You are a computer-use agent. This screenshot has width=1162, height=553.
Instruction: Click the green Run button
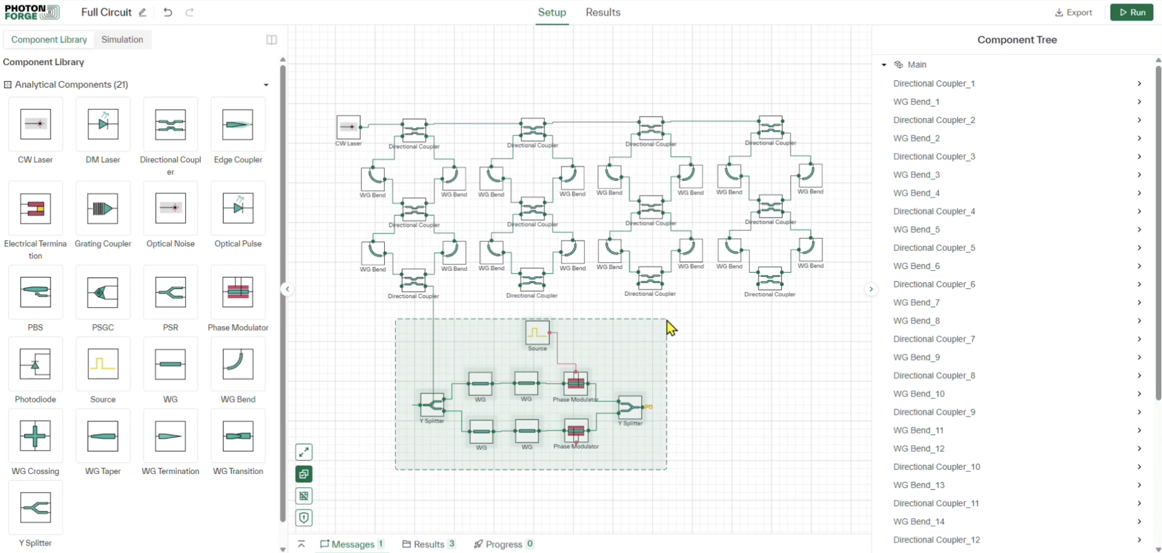(x=1131, y=13)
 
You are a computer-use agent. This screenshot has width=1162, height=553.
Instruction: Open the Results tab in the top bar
(x=603, y=13)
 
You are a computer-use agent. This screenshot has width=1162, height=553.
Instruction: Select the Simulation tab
(x=122, y=40)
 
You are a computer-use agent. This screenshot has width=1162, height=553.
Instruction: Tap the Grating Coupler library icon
(x=103, y=208)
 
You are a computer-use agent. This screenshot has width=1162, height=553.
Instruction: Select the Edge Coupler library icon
(x=238, y=124)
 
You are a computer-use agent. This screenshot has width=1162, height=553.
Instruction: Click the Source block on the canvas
(x=537, y=333)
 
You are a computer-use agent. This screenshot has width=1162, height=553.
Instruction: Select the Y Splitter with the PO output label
(x=630, y=407)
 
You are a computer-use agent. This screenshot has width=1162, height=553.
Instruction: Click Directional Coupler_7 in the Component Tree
(x=934, y=339)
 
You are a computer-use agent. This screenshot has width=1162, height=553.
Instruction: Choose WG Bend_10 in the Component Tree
(x=918, y=394)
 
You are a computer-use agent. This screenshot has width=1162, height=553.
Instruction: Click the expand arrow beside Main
(x=884, y=65)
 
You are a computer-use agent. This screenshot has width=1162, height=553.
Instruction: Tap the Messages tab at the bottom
(x=352, y=544)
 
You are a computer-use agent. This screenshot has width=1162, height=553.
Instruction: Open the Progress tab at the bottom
(x=503, y=544)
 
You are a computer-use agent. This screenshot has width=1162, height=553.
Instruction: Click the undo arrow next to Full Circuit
(x=168, y=13)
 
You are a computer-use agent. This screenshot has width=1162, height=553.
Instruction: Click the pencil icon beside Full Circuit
(x=143, y=13)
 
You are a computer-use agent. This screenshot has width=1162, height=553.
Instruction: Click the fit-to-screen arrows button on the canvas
(x=304, y=452)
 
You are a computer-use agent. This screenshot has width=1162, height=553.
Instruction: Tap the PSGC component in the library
(x=103, y=292)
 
